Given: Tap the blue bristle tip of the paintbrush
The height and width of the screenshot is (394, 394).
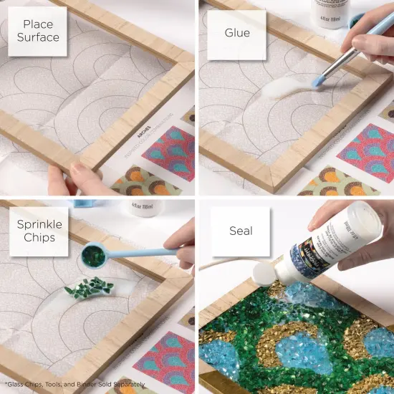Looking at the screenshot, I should [x=317, y=82].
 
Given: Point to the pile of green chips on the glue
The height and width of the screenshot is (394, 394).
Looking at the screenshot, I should [x=88, y=286].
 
